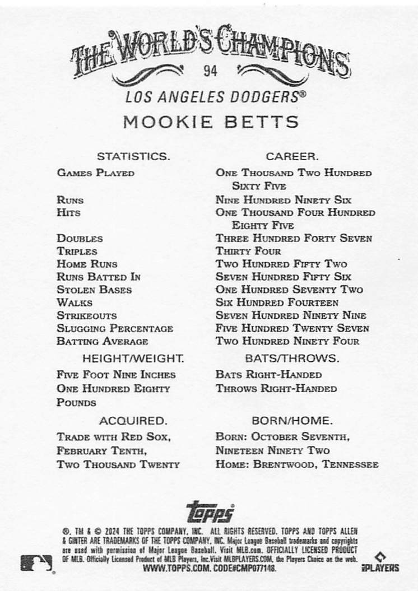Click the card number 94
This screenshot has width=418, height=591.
pyautogui.click(x=211, y=71)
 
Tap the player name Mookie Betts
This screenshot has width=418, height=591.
pyautogui.click(x=210, y=122)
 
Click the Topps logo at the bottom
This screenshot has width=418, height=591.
pyautogui.click(x=210, y=511)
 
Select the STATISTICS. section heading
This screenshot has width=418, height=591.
pyautogui.click(x=133, y=157)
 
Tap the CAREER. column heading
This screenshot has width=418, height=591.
pyautogui.click(x=292, y=157)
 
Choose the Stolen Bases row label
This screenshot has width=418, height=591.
pyautogui.click(x=94, y=290)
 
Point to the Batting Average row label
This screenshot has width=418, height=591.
pyautogui.click(x=103, y=341)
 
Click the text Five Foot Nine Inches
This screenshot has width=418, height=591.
pyautogui.click(x=116, y=374)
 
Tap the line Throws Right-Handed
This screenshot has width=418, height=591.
pyautogui.click(x=276, y=388)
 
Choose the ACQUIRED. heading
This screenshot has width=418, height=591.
pyautogui.click(x=133, y=420)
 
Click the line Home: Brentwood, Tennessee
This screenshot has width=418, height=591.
pyautogui.click(x=297, y=464)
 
